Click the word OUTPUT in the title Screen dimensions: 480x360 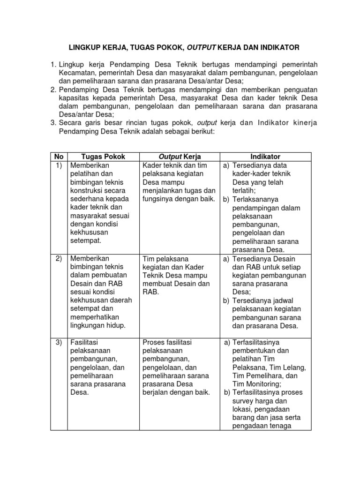tap(203, 47)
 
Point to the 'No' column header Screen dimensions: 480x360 tap(59, 157)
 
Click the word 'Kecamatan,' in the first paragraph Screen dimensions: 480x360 tap(79, 73)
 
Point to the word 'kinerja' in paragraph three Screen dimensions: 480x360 tap(306, 123)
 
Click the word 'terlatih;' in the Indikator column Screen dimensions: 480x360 tap(245, 191)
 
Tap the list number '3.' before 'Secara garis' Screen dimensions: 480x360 tap(53, 123)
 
